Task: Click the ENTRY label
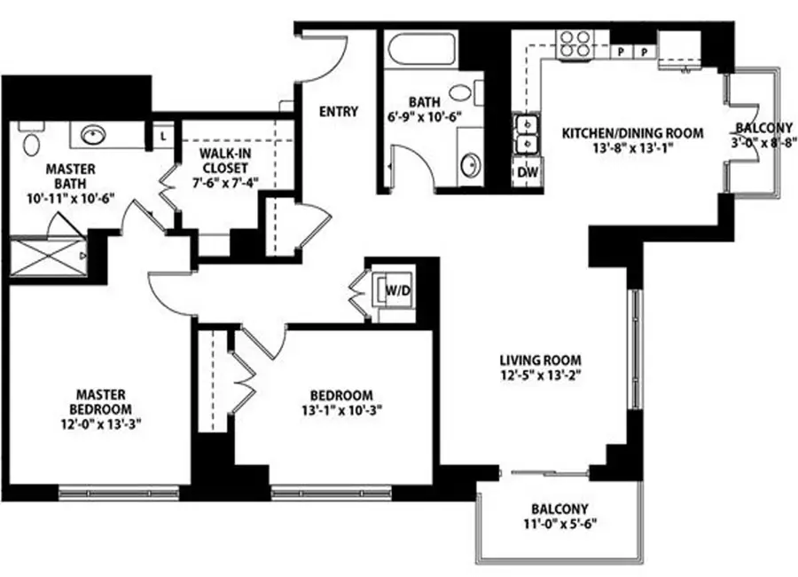[x=338, y=112]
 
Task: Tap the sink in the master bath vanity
[x=92, y=136]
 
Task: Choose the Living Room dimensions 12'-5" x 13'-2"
[x=539, y=375]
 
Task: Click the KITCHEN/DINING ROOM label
[x=632, y=133]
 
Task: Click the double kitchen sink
[x=527, y=134]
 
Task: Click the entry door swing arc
[x=328, y=58]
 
